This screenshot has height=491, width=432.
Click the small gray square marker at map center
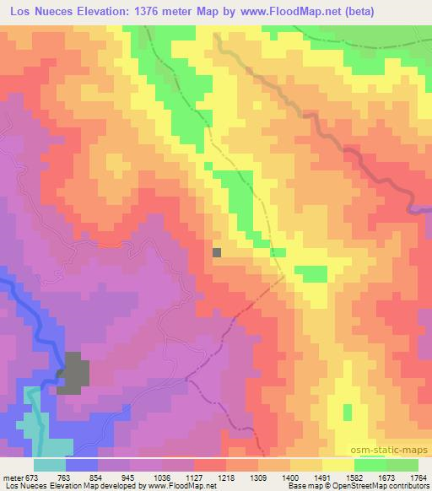pos(217,251)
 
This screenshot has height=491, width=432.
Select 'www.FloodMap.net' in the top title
pos(289,12)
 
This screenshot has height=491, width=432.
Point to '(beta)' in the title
pos(359,12)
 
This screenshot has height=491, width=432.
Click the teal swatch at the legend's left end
pos(50,465)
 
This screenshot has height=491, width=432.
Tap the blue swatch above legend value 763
pos(82,465)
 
